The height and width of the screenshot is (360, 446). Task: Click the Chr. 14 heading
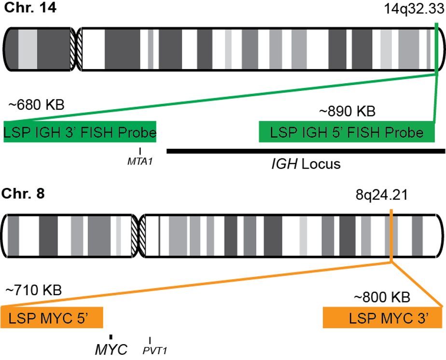coord(30,9)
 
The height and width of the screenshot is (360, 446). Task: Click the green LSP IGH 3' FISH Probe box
coord(80,132)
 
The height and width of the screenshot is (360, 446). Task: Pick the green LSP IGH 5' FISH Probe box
coord(347,132)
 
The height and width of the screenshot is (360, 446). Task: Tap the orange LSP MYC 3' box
coord(383,318)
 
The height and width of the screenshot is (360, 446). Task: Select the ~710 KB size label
coord(33,290)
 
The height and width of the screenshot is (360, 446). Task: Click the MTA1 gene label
coord(140,161)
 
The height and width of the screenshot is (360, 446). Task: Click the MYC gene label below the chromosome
coord(111,349)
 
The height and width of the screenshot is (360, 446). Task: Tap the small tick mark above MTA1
coord(140,151)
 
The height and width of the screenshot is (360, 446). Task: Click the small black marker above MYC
coord(111,337)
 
